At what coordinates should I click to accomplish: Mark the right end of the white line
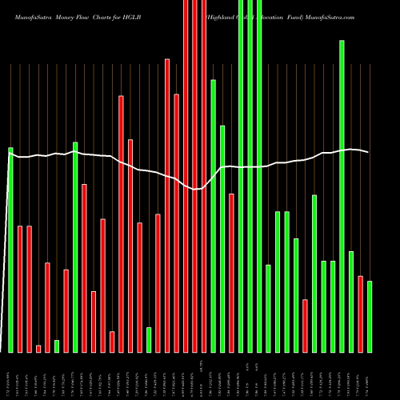(x=368, y=152)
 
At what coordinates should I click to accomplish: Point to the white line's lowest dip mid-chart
(x=195, y=190)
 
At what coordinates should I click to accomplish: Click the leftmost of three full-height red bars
(x=186, y=176)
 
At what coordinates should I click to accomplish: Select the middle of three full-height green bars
(x=250, y=176)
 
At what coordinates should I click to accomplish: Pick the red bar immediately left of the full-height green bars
(x=232, y=273)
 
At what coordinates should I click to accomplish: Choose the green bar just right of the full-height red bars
(x=214, y=216)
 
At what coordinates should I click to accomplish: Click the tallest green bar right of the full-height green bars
(x=342, y=196)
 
